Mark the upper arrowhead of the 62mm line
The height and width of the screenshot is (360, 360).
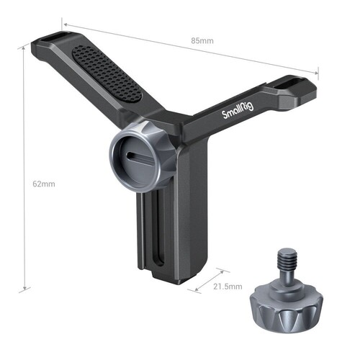(x=24, y=50)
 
